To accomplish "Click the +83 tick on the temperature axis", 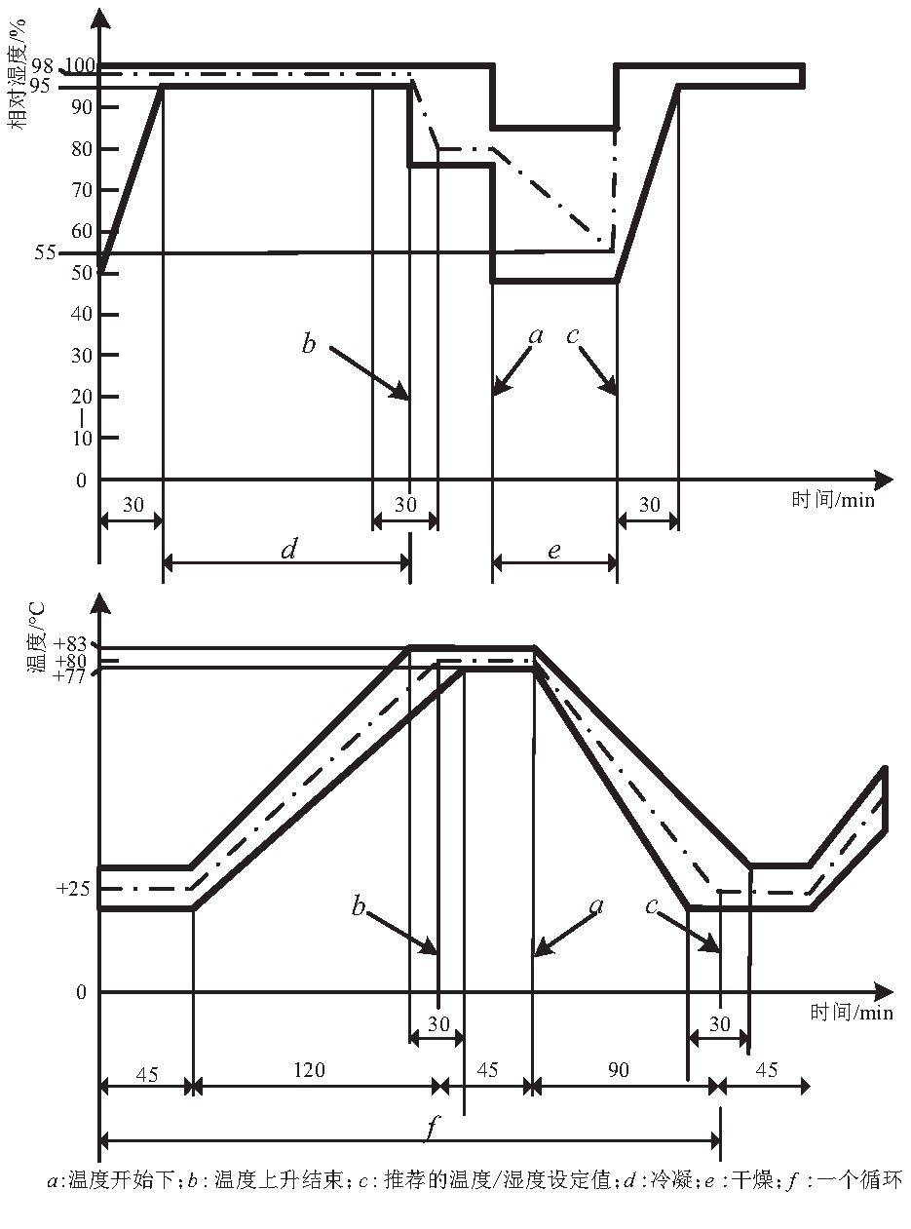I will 71,644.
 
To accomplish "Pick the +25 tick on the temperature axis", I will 71,889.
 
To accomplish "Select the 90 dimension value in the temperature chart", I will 619,1069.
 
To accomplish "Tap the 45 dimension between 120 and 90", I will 486,1069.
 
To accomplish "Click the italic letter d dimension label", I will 287,551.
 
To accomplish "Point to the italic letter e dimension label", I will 553,551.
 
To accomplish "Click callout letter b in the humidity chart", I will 309,344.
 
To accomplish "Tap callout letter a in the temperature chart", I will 597,905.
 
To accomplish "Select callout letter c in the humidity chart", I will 573,336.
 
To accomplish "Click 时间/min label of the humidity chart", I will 832,500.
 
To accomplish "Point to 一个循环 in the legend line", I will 863,1180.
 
